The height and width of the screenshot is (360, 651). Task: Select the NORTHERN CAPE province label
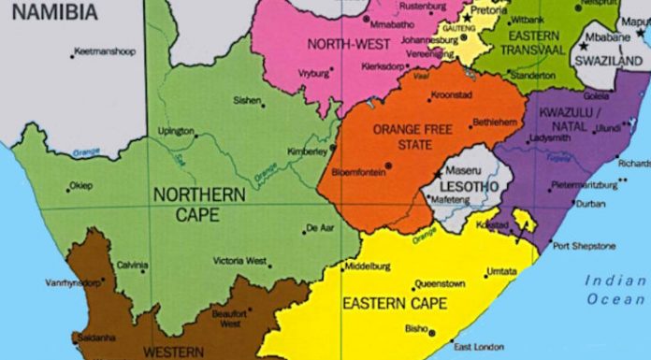pos(199,204)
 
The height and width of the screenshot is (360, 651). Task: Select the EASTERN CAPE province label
pos(394,302)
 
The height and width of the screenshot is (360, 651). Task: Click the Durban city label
pos(590,203)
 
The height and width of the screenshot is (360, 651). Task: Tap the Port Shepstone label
pos(584,246)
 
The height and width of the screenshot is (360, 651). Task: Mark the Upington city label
pos(176,131)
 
